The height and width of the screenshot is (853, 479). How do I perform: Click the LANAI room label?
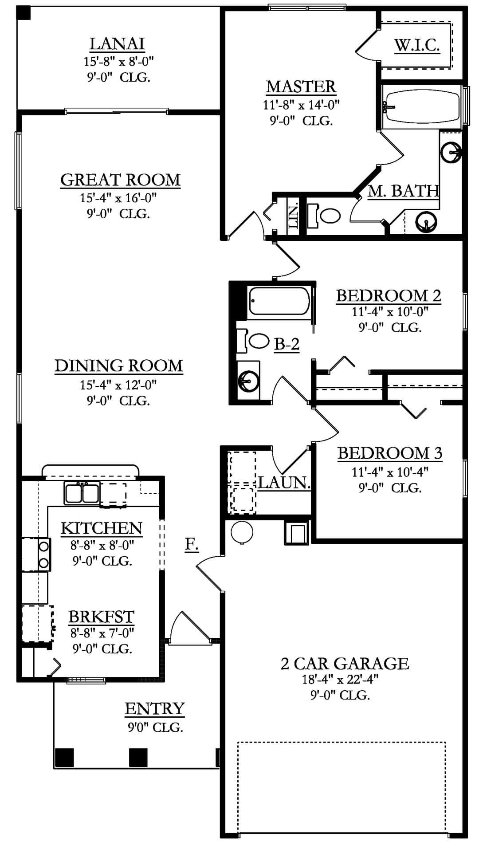pyautogui.click(x=117, y=44)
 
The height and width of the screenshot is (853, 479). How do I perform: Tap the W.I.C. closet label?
pyautogui.click(x=417, y=45)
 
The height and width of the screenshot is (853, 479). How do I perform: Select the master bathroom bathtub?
pyautogui.click(x=422, y=106)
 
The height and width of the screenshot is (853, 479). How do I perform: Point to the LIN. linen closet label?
pyautogui.click(x=293, y=216)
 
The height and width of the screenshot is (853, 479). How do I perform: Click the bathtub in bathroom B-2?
pyautogui.click(x=279, y=301)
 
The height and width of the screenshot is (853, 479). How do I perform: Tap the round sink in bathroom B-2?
pyautogui.click(x=248, y=379)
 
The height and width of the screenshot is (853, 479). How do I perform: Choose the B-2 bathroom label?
pyautogui.click(x=287, y=344)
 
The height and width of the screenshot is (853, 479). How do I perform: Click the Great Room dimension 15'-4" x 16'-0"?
pyautogui.click(x=118, y=198)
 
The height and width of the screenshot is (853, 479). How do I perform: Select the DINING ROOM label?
pyautogui.click(x=119, y=366)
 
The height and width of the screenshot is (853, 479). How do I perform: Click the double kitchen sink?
pyautogui.click(x=82, y=493)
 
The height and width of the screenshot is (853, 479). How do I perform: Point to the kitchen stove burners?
pyautogui.click(x=44, y=554)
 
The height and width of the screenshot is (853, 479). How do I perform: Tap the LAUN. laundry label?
pyautogui.click(x=284, y=483)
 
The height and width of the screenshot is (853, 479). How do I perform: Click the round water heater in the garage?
pyautogui.click(x=242, y=531)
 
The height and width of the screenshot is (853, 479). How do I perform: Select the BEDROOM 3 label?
pyautogui.click(x=390, y=453)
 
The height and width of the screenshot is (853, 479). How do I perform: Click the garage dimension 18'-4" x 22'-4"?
pyautogui.click(x=340, y=679)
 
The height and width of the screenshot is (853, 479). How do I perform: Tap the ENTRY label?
pyautogui.click(x=154, y=709)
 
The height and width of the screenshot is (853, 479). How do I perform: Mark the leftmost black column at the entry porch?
pyautogui.click(x=64, y=758)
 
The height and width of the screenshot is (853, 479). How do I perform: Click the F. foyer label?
pyautogui.click(x=192, y=544)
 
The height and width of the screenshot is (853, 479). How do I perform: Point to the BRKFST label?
pyautogui.click(x=101, y=617)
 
